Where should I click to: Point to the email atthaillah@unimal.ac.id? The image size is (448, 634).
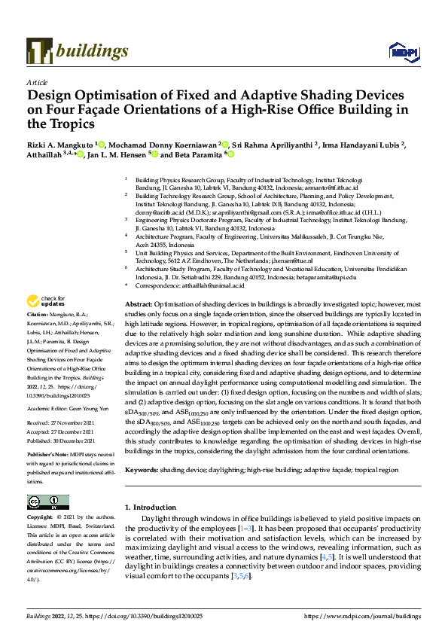216,286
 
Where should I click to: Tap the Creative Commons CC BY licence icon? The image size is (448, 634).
47,502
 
